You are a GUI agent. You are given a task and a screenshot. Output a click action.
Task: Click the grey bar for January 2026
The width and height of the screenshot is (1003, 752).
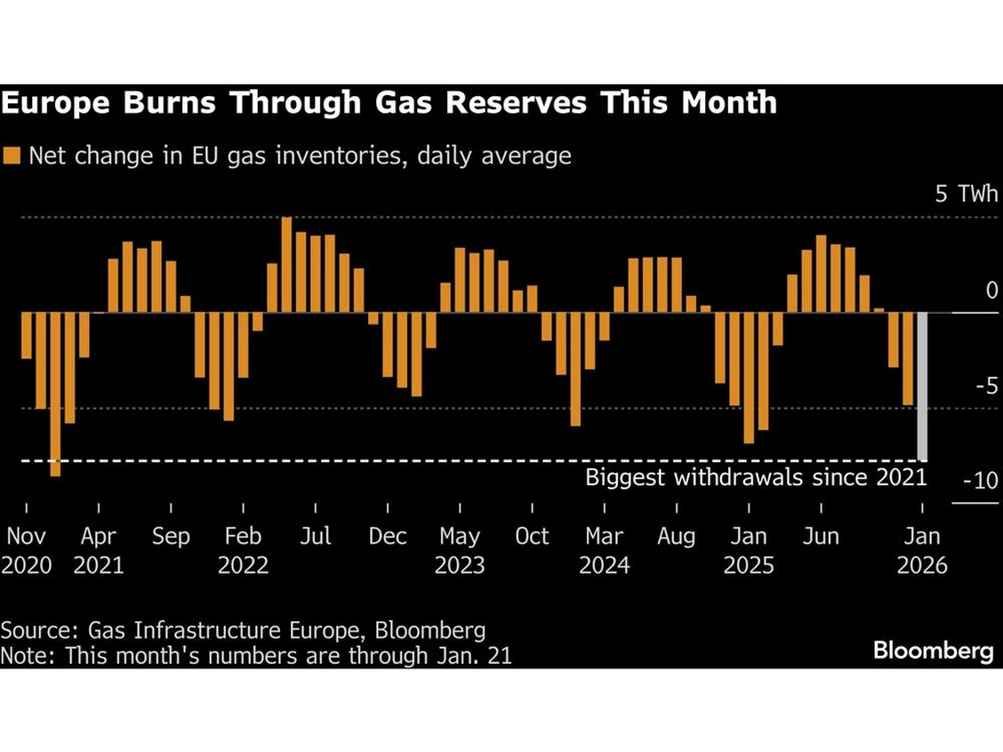click(x=922, y=387)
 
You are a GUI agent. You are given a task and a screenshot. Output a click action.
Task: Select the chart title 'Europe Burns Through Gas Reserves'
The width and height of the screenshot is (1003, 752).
click(x=389, y=103)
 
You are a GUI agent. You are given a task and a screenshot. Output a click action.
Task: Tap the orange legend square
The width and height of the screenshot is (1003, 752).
click(x=11, y=156)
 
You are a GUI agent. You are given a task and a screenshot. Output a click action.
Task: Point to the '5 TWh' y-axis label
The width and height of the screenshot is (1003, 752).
click(x=966, y=194)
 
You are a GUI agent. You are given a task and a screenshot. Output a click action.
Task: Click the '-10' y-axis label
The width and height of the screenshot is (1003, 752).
click(x=981, y=481)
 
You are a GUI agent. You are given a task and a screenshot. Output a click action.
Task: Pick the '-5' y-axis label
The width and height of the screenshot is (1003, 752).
click(x=986, y=386)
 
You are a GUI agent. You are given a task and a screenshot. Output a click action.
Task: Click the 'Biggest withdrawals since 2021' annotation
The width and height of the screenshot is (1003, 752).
click(x=756, y=477)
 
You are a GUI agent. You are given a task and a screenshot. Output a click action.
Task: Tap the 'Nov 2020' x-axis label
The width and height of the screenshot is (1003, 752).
click(x=26, y=550)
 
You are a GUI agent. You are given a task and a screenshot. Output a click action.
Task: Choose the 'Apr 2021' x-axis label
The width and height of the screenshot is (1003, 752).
click(x=98, y=550)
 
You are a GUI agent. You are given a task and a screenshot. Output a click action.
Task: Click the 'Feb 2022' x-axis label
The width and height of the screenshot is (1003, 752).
click(x=243, y=550)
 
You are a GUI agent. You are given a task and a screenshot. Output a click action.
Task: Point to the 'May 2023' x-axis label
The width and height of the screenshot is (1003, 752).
click(x=460, y=550)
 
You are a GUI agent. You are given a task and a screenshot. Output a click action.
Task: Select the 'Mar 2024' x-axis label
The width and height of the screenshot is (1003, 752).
click(x=604, y=550)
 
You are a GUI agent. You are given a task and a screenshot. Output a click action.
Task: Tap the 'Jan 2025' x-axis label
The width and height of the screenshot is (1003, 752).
click(x=749, y=550)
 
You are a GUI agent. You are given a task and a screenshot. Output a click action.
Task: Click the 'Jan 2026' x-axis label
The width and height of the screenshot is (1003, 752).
click(x=922, y=550)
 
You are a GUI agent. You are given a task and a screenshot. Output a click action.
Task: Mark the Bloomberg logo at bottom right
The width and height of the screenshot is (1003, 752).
click(x=933, y=651)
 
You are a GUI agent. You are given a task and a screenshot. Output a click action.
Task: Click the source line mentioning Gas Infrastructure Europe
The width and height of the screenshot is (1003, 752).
click(x=243, y=631)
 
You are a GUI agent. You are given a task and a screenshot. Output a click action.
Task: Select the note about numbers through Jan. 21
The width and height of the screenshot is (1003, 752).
click(x=256, y=656)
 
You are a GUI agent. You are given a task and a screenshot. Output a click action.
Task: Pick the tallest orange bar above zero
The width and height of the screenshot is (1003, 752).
click(x=286, y=265)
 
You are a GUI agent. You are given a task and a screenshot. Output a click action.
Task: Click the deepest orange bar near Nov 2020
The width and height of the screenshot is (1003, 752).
click(x=55, y=394)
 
